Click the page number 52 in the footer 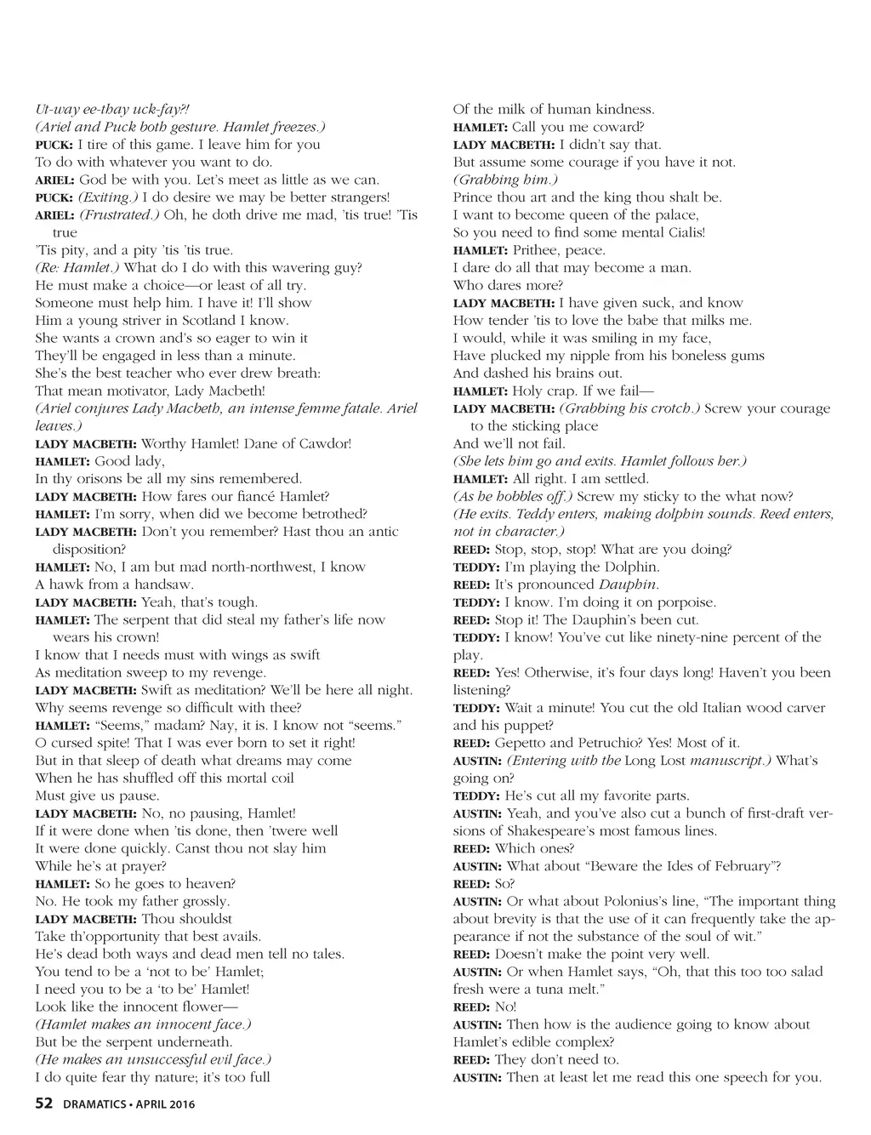44,1104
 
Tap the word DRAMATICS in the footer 94,1105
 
